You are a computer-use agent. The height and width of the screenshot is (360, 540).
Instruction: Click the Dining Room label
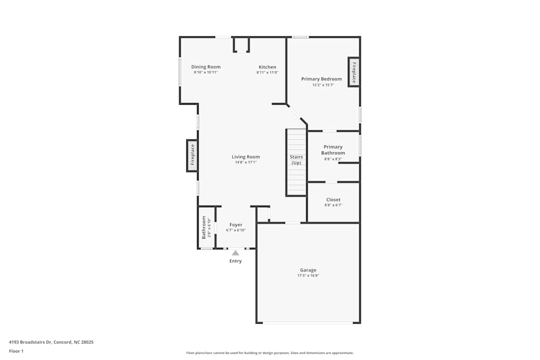coord(206,67)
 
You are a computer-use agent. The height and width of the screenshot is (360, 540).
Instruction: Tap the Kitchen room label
coord(267,67)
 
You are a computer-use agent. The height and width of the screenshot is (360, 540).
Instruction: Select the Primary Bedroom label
coord(321,79)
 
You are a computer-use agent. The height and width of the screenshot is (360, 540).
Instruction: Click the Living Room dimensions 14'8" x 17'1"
coord(246,162)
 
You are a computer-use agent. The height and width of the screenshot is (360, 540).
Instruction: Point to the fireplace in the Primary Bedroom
coord(354,72)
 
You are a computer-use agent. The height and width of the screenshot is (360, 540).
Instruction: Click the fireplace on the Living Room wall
coord(192,155)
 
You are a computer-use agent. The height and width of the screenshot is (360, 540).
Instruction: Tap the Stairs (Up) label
coord(296,160)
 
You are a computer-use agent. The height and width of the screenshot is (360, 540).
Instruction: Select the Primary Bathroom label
coord(333,150)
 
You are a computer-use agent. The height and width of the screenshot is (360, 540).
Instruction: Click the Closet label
coord(333,200)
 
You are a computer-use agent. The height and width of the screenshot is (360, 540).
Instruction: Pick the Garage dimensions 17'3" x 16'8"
coord(308,275)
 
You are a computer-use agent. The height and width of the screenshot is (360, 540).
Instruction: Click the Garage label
coord(308,270)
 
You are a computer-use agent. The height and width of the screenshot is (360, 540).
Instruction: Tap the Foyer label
coord(236,225)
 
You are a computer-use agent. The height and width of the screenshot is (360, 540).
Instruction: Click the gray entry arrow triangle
coord(235,253)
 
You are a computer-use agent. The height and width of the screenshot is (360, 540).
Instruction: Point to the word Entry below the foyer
coord(235,261)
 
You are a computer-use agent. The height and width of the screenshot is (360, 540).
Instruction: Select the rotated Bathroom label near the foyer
coord(204,227)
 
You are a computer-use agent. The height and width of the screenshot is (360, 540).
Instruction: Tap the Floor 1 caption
coord(16,351)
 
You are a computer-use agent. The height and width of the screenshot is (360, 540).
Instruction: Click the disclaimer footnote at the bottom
coord(269,352)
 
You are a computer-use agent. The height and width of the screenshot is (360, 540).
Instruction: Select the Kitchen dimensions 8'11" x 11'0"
coord(267,72)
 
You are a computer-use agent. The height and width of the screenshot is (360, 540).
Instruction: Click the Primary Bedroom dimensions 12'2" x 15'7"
coord(323,85)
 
